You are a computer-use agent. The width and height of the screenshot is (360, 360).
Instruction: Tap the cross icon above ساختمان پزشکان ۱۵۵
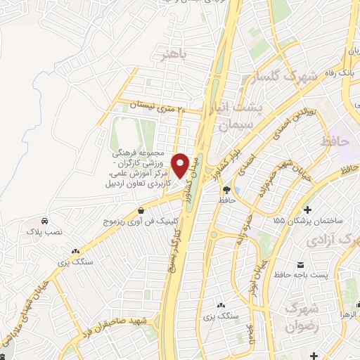click(x=307, y=210)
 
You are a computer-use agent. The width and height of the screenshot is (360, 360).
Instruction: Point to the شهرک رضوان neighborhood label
click(x=302, y=318)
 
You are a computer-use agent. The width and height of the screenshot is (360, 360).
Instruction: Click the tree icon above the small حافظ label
click(x=226, y=190)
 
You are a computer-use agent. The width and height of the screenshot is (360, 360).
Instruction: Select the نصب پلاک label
click(x=44, y=231)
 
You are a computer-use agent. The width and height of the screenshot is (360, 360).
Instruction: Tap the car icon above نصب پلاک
click(x=44, y=220)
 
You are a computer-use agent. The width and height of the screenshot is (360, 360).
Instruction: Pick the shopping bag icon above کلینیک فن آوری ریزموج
click(x=141, y=210)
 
